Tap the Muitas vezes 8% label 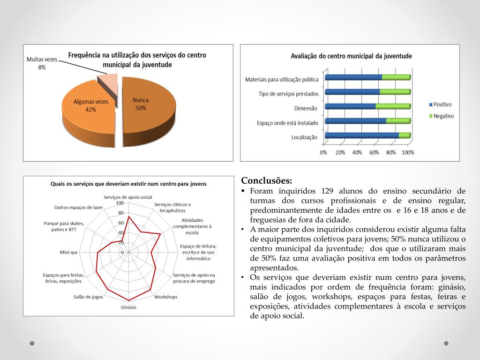pos(42,63)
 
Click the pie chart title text pos(137,60)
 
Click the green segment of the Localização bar pos(404,135)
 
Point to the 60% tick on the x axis pos(374,152)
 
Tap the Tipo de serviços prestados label pos(288,94)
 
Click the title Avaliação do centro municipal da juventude pos(352,56)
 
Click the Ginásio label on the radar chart pos(128,307)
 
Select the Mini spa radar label pos(68,252)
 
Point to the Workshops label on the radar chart pos(166,297)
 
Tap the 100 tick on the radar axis pos(120,203)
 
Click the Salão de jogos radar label pos(88,297)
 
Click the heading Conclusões pos(266,181)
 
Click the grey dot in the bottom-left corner pos(32,343)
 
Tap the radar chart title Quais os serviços pos(128,184)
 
